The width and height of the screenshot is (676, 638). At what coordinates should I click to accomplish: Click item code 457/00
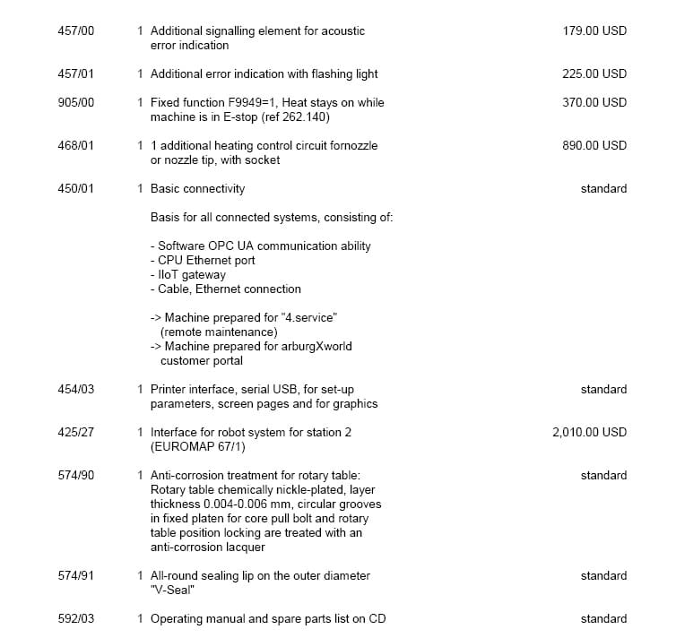pyautogui.click(x=75, y=30)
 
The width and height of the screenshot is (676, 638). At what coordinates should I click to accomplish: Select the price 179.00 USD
pyautogui.click(x=594, y=30)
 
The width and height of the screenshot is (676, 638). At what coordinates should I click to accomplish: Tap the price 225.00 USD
pyautogui.click(x=594, y=73)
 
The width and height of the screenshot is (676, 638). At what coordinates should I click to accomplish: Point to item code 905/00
pyautogui.click(x=75, y=102)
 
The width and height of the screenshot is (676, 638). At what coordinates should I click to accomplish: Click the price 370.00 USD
pyautogui.click(x=594, y=102)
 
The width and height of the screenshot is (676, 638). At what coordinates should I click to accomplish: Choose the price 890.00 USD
pyautogui.click(x=594, y=145)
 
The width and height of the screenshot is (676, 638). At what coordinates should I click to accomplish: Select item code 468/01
pyautogui.click(x=75, y=145)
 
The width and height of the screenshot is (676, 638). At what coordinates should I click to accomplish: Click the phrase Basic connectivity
pyautogui.click(x=197, y=188)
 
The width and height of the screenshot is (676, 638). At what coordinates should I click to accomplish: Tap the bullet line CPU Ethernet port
pyautogui.click(x=203, y=260)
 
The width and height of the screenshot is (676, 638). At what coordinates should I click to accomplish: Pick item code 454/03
pyautogui.click(x=75, y=389)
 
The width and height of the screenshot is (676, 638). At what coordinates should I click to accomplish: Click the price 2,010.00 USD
pyautogui.click(x=589, y=432)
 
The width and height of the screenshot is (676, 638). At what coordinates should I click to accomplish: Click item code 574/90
pyautogui.click(x=75, y=475)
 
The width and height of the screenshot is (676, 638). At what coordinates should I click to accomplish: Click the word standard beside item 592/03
pyautogui.click(x=603, y=618)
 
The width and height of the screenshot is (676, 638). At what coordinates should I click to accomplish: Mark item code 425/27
pyautogui.click(x=75, y=432)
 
